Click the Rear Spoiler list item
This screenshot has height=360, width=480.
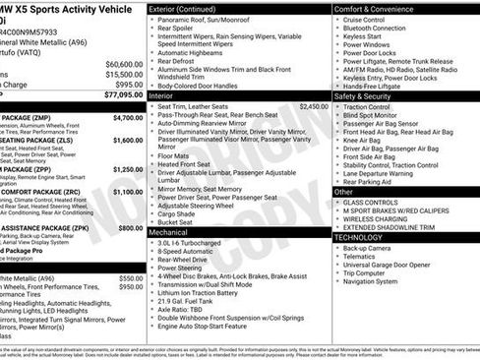(x=182, y=30)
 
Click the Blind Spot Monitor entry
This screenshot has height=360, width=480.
(x=374, y=116)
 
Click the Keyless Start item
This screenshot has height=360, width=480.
(x=361, y=36)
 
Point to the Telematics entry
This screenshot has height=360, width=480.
(x=361, y=257)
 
